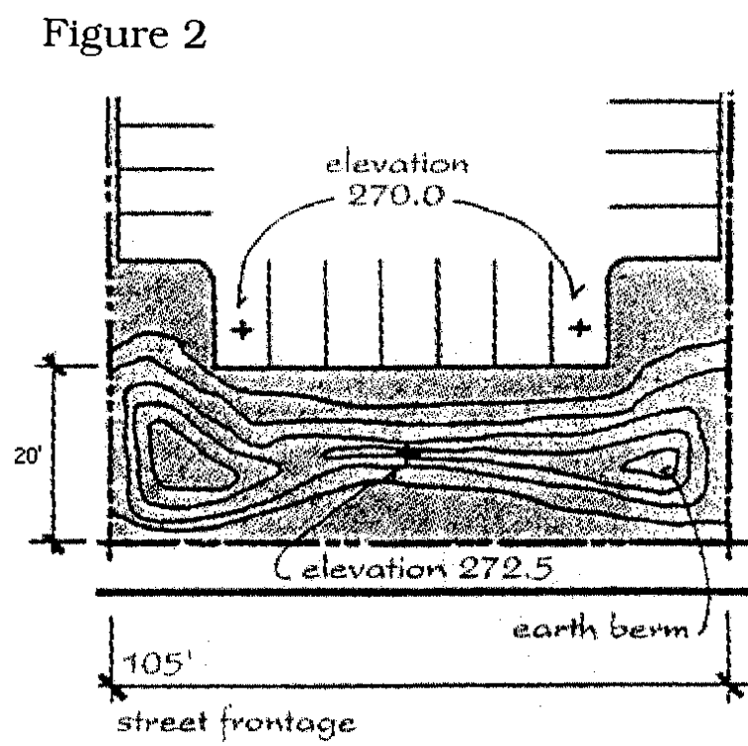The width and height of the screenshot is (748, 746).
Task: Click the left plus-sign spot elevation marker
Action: tap(241, 329)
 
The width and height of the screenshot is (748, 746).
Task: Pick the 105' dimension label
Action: tap(144, 660)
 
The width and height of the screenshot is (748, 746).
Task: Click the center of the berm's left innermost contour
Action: tap(189, 453)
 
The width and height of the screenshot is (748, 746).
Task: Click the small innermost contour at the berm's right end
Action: tap(658, 463)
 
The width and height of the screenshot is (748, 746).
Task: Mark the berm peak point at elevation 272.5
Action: tap(405, 455)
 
